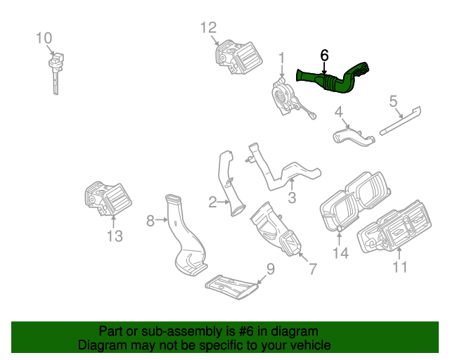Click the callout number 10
coord(44,37)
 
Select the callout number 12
coord(209,27)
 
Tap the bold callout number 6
coord(324,55)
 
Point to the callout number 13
coord(115,236)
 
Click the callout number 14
coord(340,253)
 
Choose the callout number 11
coord(400,267)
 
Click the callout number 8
coord(150,221)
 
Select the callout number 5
coord(394,101)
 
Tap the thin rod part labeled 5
coord(401,120)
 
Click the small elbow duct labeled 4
coord(354,136)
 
